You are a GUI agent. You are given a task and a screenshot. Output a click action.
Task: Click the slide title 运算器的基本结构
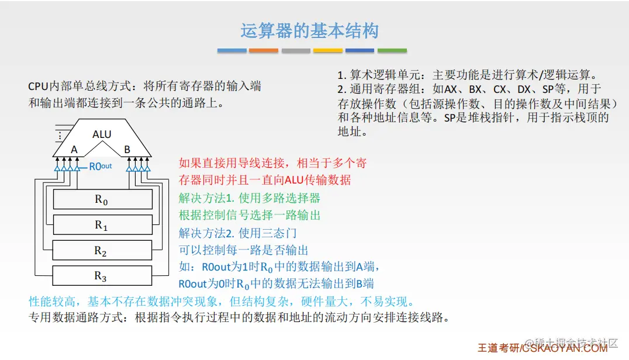click(x=309, y=31)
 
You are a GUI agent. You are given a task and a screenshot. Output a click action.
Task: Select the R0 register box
click(x=103, y=199)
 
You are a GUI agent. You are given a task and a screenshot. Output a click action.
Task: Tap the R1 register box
click(x=103, y=224)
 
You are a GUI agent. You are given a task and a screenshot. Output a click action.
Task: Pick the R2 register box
click(x=102, y=250)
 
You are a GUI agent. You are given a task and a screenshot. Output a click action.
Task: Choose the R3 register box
click(x=102, y=275)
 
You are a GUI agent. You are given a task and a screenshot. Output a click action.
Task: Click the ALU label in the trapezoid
click(x=102, y=134)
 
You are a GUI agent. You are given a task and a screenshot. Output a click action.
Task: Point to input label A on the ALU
click(x=74, y=150)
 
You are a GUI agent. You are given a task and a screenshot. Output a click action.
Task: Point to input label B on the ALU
click(x=127, y=150)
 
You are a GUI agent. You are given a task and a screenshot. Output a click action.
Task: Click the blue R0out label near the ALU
click(x=101, y=167)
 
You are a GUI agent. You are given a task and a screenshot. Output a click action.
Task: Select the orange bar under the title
click(x=264, y=50)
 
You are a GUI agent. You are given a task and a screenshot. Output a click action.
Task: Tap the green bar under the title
click(x=392, y=50)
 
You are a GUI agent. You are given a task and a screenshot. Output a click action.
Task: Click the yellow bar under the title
click(x=328, y=50)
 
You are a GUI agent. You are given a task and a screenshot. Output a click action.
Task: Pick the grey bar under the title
click(x=296, y=50)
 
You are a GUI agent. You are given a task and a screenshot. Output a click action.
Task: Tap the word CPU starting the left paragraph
click(x=38, y=86)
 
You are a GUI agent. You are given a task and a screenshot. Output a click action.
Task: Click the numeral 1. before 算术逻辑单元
click(x=342, y=75)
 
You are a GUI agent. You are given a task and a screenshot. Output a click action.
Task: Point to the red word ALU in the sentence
click(x=294, y=180)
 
